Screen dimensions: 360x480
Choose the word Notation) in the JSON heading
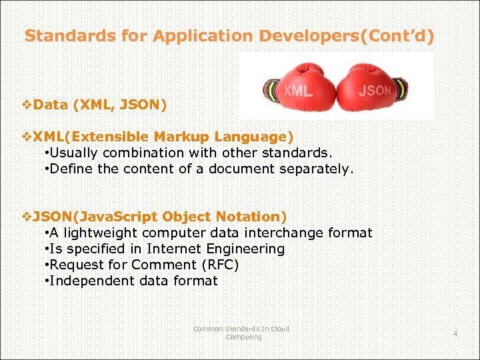click(x=254, y=217)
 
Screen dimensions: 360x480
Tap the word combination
click(x=137, y=153)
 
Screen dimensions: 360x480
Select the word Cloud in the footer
click(x=280, y=329)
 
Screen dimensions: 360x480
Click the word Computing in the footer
click(x=244, y=337)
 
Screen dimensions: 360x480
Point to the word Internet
click(x=176, y=249)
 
